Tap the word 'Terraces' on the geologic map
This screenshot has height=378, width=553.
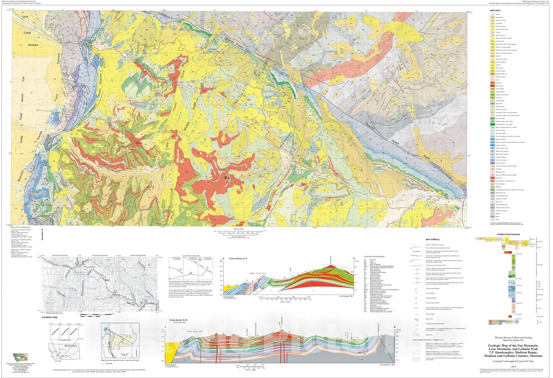pyautogui.click(x=31, y=45)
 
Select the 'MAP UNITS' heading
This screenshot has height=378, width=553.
pyautogui.click(x=495, y=11)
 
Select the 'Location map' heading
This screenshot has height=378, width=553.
pyautogui.click(x=49, y=317)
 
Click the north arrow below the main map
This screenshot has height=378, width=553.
pyautogui.click(x=42, y=236)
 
